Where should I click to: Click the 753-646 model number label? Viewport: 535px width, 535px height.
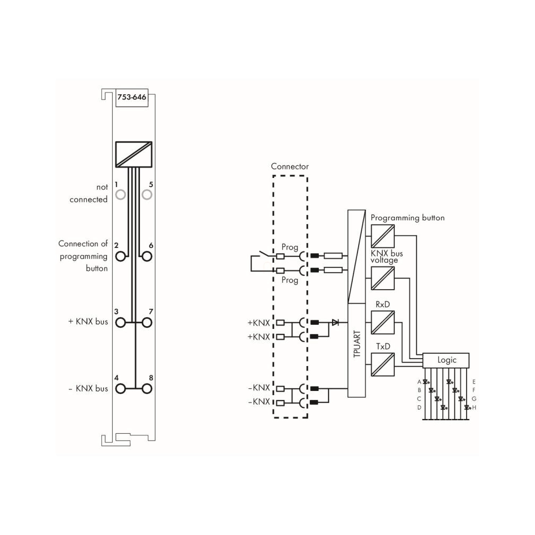(x=132, y=97)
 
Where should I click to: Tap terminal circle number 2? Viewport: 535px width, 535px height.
(x=120, y=256)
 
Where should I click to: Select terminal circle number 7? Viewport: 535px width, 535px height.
(x=147, y=323)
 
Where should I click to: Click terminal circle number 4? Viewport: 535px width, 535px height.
(x=120, y=388)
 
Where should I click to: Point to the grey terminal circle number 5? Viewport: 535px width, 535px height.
(x=147, y=195)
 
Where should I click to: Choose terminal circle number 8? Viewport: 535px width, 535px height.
(x=147, y=388)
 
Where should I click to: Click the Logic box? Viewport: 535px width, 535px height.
(x=446, y=360)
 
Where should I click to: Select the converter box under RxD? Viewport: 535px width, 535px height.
(x=382, y=323)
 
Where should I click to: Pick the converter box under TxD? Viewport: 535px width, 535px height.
(x=382, y=364)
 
